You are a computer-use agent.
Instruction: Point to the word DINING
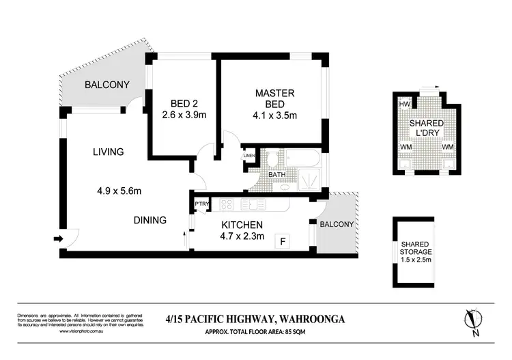click(x=150, y=220)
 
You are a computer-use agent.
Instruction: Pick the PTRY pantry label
click(x=201, y=204)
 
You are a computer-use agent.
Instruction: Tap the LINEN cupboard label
click(x=250, y=156)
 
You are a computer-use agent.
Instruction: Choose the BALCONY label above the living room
click(x=107, y=85)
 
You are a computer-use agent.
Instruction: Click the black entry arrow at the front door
click(x=57, y=238)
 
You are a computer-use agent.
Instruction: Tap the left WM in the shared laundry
click(x=405, y=147)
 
